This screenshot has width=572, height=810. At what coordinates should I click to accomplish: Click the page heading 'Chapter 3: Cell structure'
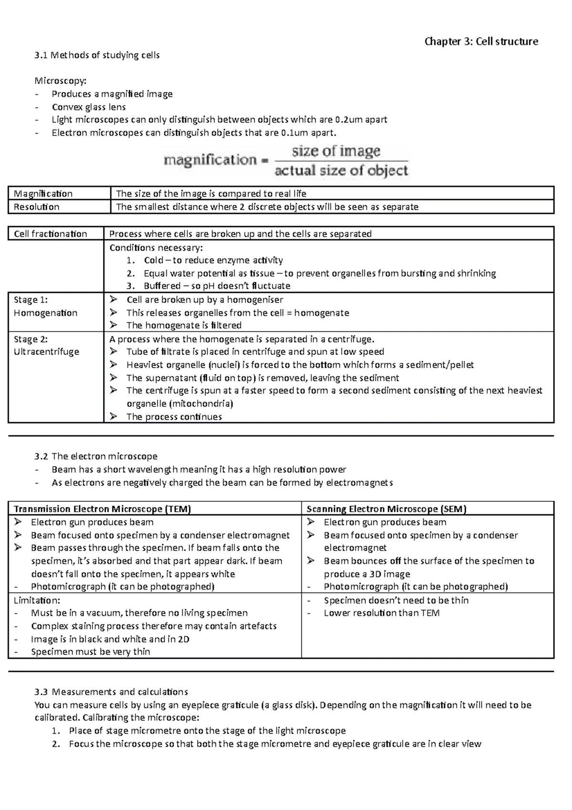pyautogui.click(x=481, y=42)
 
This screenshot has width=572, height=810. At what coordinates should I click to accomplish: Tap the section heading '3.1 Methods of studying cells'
pyautogui.click(x=97, y=55)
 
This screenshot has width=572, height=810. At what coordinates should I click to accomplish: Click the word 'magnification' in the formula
pyautogui.click(x=210, y=160)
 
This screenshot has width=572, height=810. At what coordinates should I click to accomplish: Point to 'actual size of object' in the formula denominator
pyautogui.click(x=341, y=171)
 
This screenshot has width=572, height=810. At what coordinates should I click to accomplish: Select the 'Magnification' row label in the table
pyautogui.click(x=43, y=194)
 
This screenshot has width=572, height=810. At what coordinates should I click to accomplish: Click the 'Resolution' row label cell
pyautogui.click(x=37, y=207)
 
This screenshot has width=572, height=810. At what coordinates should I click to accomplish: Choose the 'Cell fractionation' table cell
pyautogui.click(x=51, y=234)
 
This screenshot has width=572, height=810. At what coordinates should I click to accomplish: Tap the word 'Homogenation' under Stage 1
pyautogui.click(x=46, y=313)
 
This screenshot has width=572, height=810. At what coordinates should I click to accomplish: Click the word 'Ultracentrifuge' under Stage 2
pyautogui.click(x=47, y=352)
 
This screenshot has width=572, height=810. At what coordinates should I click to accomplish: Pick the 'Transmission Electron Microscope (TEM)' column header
pyautogui.click(x=102, y=509)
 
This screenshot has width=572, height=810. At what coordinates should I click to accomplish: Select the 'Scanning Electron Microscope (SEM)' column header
pyautogui.click(x=387, y=509)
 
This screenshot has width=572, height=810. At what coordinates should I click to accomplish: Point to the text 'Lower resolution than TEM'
pyautogui.click(x=382, y=613)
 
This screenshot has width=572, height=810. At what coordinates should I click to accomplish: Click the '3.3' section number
pyautogui.click(x=41, y=692)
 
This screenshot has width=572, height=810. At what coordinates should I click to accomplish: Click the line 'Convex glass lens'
pyautogui.click(x=89, y=107)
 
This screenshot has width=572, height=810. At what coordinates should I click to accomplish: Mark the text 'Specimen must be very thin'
pyautogui.click(x=91, y=652)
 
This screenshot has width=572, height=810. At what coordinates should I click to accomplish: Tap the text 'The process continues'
pyautogui.click(x=174, y=417)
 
